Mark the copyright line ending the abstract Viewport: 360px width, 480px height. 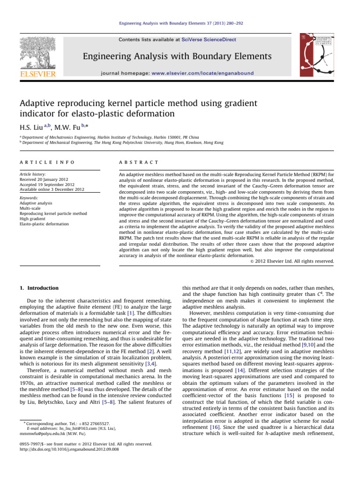[x=289, y=261]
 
